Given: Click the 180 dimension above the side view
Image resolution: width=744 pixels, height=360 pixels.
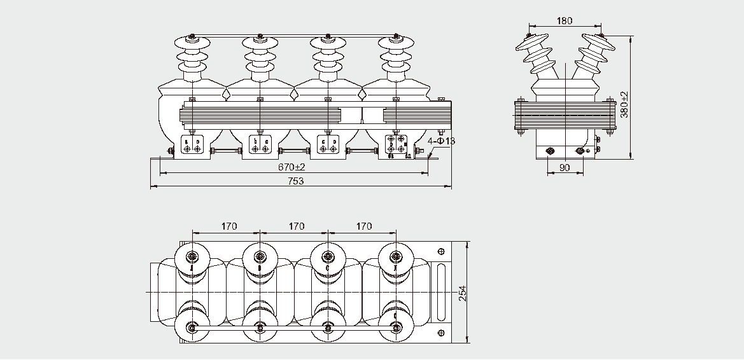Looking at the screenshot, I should tap(564, 21).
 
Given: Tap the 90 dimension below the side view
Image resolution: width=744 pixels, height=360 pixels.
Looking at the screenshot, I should tap(564, 168).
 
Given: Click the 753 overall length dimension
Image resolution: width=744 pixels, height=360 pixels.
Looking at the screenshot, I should tap(294, 181).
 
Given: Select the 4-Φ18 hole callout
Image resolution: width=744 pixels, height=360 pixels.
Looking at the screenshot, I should tap(442, 141).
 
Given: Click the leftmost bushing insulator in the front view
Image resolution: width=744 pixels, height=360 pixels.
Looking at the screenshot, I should tap(192, 57).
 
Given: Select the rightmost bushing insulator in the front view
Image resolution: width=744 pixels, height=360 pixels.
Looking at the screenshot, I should tap(397, 57).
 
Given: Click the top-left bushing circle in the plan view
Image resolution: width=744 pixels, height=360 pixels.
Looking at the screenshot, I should tap(192, 257).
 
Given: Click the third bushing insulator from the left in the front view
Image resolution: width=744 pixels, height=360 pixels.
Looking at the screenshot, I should tap(328, 57).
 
